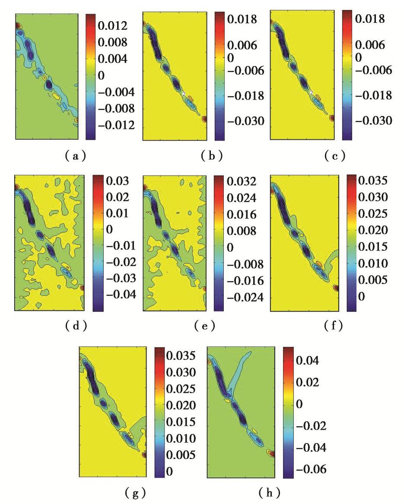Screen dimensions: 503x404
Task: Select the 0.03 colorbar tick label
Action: coord(112,181)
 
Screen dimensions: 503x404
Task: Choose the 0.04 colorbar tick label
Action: coord(307,360)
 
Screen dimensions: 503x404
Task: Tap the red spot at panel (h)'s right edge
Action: coord(271,453)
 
